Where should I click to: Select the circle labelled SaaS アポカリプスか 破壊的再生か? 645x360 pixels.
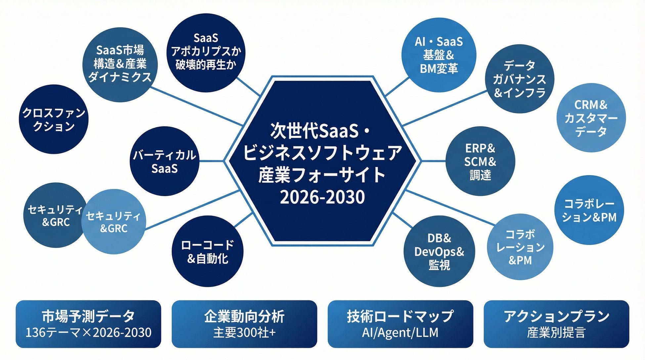(206, 52)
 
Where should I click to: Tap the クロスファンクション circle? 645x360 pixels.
(54, 119)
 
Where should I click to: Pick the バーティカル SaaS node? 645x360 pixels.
(164, 161)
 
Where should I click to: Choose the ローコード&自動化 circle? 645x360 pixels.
(207, 251)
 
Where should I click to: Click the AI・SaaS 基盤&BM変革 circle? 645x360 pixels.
(439, 55)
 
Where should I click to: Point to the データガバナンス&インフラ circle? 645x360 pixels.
(519, 79)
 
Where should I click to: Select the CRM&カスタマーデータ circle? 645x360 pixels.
(591, 118)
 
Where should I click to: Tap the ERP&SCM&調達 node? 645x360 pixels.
(480, 161)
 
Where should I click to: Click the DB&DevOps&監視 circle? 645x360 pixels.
(439, 251)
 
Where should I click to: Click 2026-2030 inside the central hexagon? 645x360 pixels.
(322, 197)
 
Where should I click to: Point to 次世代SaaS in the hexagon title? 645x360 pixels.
(314, 131)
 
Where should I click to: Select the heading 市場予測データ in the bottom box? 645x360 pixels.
(88, 316)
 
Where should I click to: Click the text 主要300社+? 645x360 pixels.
(244, 333)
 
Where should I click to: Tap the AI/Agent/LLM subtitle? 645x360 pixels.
(400, 333)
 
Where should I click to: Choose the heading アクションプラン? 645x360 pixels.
(556, 316)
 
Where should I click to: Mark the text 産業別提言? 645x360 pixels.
(556, 333)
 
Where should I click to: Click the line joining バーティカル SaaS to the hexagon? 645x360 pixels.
(212, 161)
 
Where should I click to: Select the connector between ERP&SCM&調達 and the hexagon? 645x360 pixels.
(433, 161)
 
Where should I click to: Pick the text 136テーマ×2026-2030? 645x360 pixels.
(88, 333)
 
